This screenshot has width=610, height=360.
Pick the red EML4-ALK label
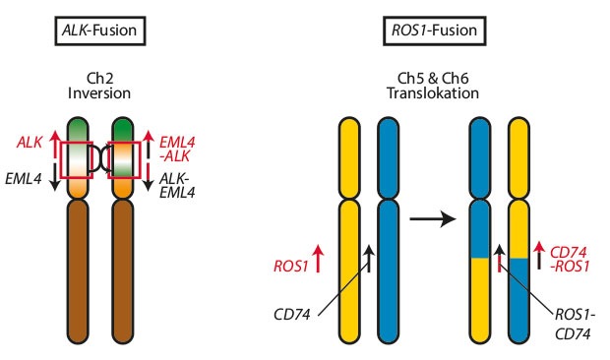coord(179,150)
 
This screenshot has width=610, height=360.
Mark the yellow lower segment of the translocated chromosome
coord(480,300)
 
